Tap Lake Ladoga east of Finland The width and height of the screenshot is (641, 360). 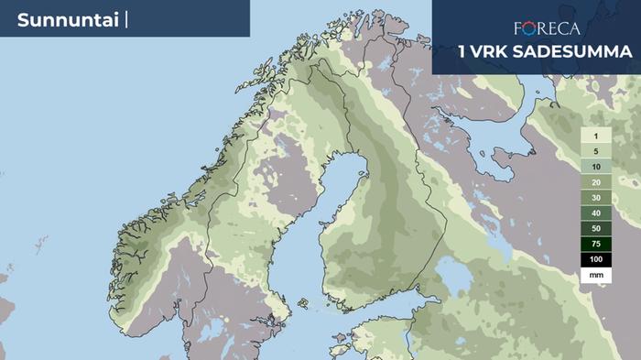[x=452, y=275]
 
